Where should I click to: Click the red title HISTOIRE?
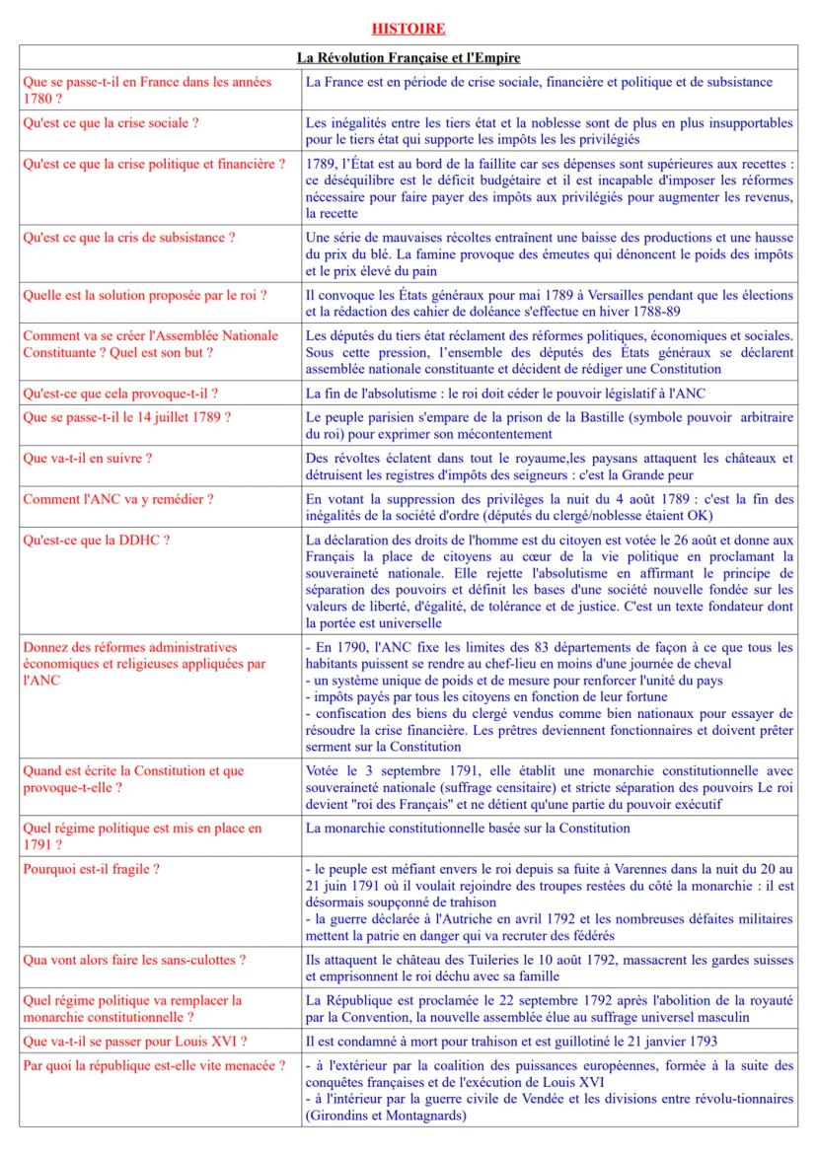[x=408, y=29]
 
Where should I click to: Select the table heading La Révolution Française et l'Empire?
[x=408, y=58]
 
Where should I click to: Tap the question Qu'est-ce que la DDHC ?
[x=97, y=540]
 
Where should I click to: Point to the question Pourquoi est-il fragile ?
[x=92, y=868]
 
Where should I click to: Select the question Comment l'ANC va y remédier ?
[x=118, y=499]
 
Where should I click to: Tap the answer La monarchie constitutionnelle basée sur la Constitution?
[x=468, y=828]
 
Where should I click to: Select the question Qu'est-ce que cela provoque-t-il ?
[x=120, y=394]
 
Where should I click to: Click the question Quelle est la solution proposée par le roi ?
[x=145, y=295]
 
